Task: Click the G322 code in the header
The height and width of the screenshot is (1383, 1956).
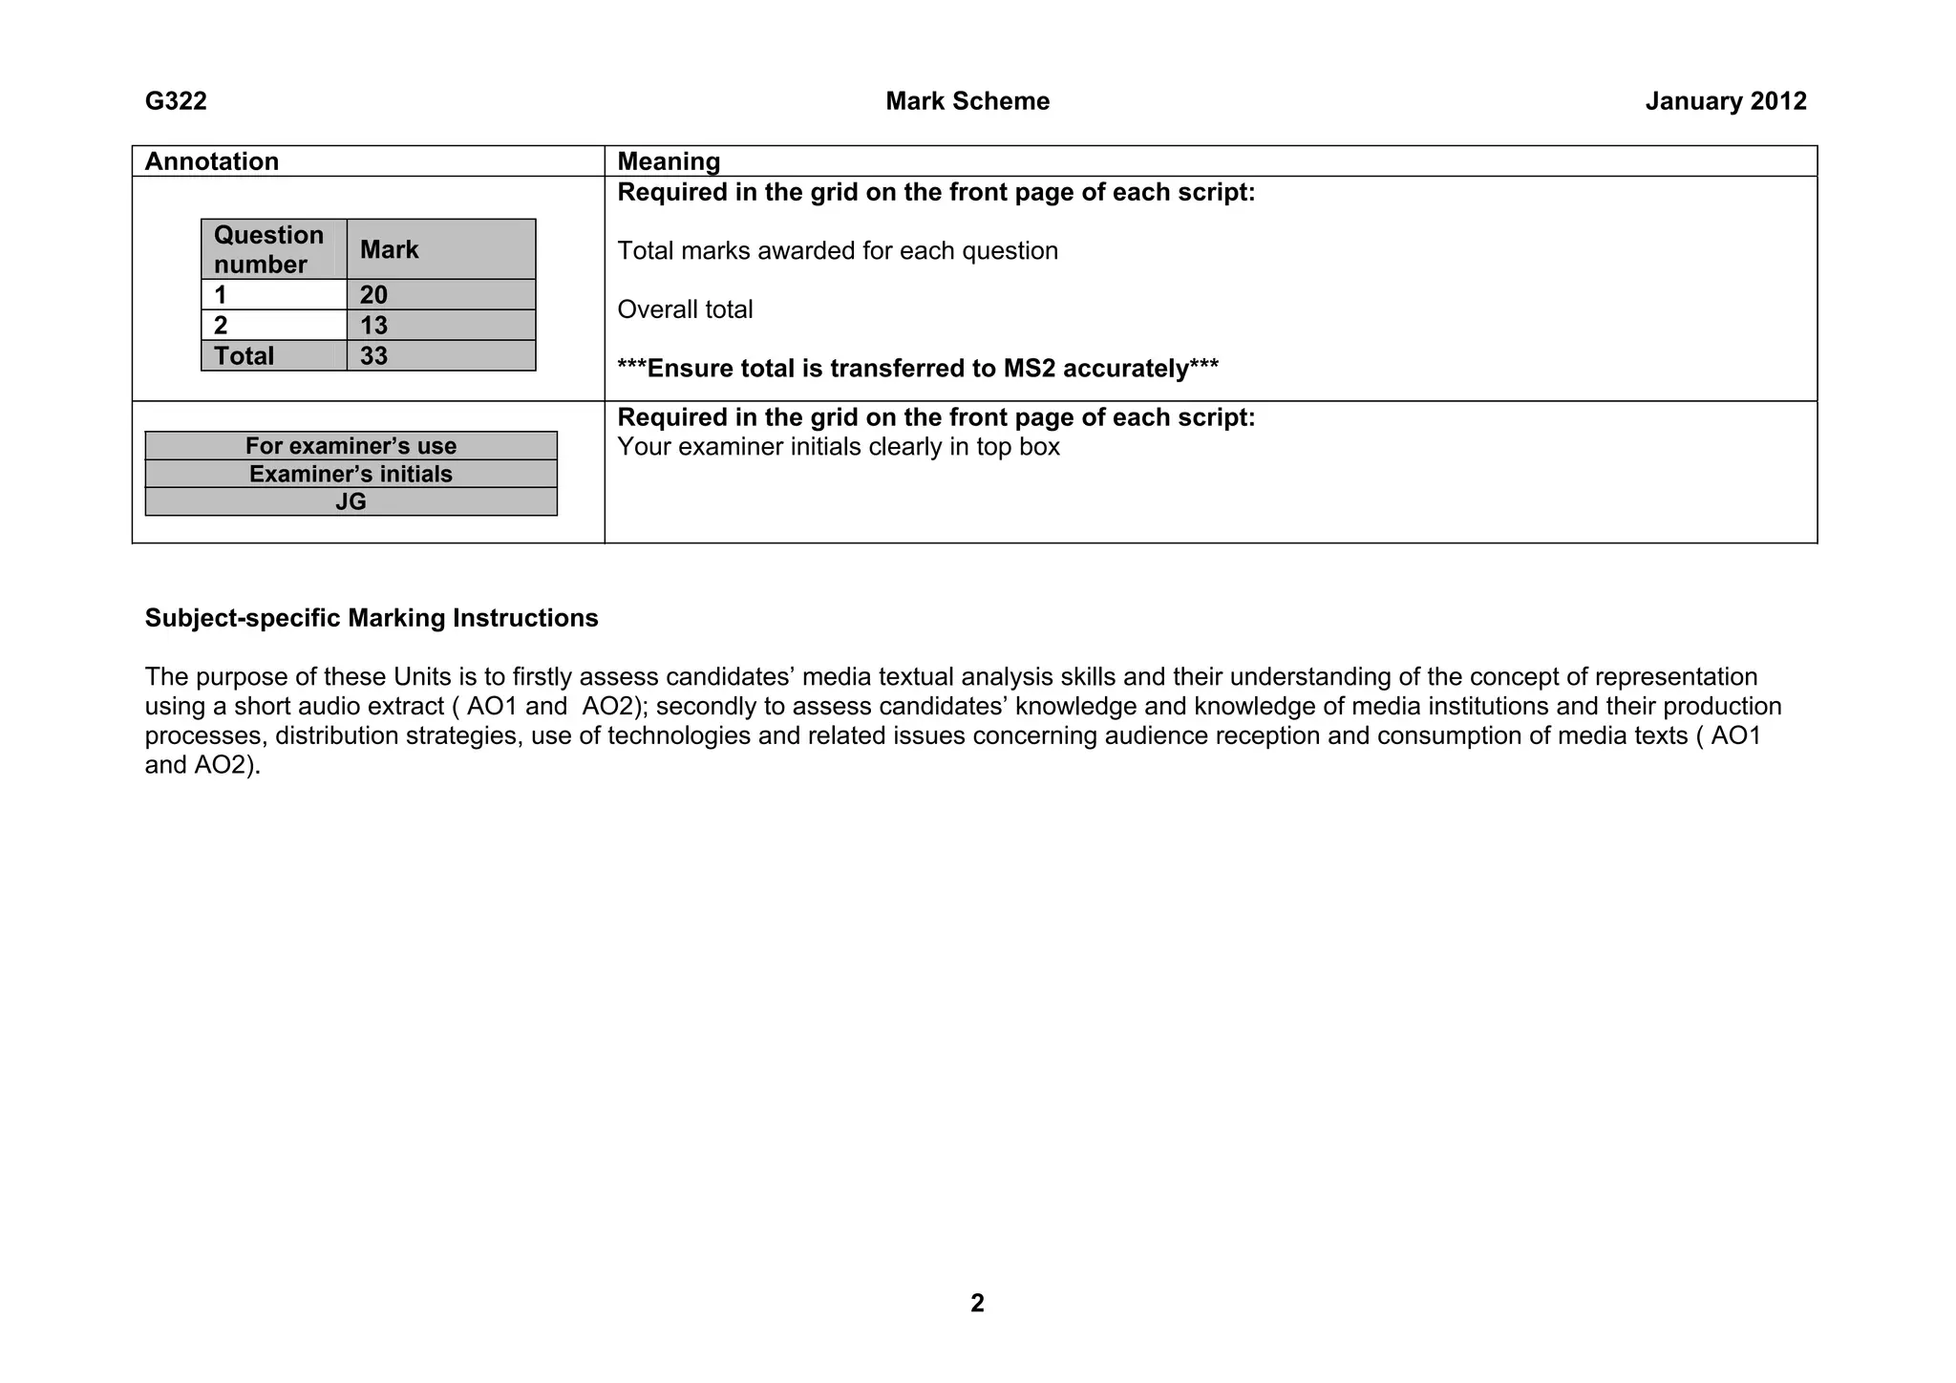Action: pos(176,101)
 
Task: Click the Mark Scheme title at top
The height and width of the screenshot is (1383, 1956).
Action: pos(967,101)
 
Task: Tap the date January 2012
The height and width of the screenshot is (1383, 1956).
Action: pos(1725,101)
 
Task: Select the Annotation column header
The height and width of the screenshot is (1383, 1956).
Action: pos(211,161)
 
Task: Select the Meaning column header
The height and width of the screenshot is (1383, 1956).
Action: pos(669,161)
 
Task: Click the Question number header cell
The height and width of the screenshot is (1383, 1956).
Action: pos(268,249)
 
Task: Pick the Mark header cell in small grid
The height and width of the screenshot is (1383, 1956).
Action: pos(389,249)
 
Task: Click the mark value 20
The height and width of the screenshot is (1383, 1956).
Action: pos(373,295)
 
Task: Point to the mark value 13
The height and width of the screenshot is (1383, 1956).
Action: pos(373,326)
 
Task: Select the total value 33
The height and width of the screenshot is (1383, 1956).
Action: pos(373,356)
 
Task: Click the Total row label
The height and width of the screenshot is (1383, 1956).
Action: pos(244,356)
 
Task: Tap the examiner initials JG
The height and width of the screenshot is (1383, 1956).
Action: pos(351,502)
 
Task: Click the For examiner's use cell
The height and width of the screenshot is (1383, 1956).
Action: pos(351,446)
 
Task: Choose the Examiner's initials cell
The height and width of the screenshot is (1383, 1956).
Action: pos(351,475)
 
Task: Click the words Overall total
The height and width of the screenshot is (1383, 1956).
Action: pos(685,309)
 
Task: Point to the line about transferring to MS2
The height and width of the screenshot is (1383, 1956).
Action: pos(917,369)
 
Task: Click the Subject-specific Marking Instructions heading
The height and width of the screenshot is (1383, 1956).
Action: pos(372,618)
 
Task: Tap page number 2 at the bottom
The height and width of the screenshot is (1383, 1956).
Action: pos(976,1303)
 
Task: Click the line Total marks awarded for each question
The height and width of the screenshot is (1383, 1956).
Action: pos(838,251)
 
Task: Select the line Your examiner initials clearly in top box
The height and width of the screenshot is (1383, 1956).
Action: pos(838,447)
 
